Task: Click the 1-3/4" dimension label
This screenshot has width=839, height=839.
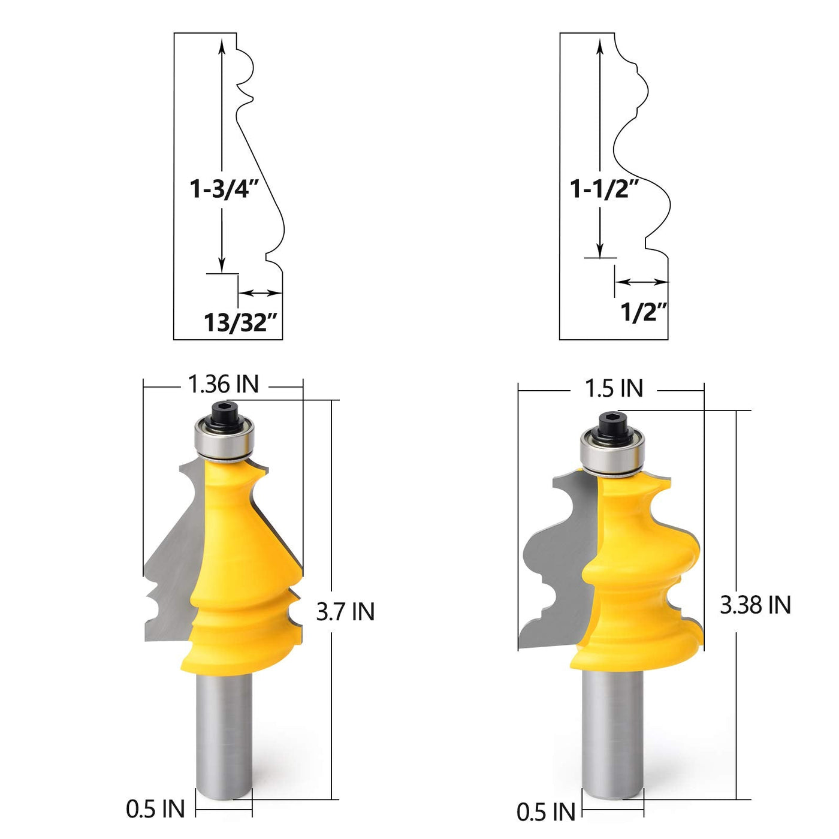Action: [224, 189]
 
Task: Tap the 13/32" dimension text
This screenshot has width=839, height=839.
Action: [241, 322]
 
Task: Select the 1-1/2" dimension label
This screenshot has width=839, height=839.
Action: [605, 189]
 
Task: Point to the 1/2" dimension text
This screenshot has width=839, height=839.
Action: [644, 312]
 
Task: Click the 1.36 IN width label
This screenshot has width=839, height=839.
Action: [224, 385]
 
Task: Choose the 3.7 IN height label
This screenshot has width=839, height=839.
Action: [345, 612]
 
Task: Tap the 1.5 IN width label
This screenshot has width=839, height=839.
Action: [614, 388]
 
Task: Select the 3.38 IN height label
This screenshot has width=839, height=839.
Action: [755, 605]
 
